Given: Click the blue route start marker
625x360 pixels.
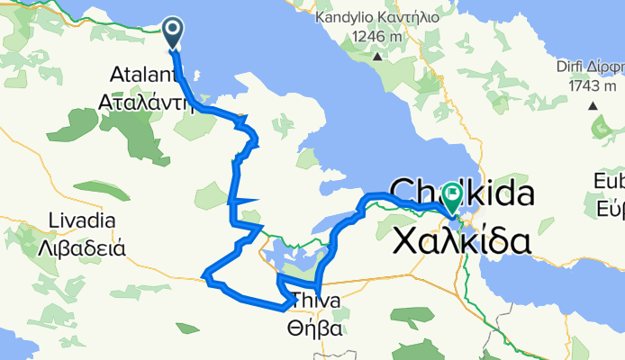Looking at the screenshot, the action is coord(173,32).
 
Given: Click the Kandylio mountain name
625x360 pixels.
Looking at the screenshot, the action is coord(346,17).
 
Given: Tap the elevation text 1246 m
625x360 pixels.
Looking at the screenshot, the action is coord(374,37).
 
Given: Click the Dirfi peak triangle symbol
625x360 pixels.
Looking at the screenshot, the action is coord(593,105).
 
